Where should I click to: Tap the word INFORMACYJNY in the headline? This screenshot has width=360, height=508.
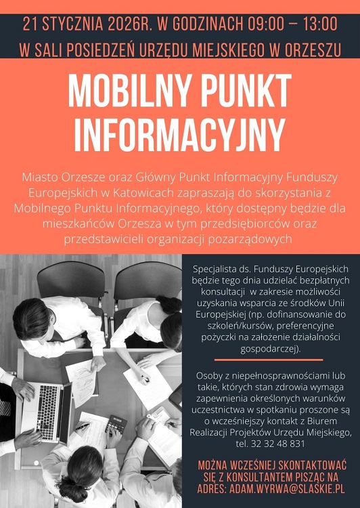180,133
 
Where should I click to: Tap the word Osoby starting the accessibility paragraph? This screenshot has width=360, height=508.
211,375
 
